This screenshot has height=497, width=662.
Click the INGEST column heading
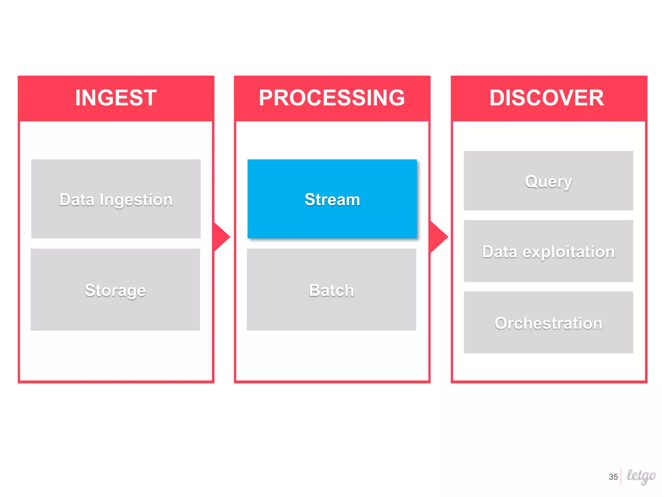coord(116,98)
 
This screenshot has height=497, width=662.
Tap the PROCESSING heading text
coord(332,98)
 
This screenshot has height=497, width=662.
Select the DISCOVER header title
coord(547,98)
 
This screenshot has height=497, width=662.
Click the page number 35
coord(613,477)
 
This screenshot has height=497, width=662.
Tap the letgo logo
coord(641,476)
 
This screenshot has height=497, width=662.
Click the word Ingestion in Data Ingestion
coord(136,200)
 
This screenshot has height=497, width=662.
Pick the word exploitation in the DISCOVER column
coord(569,252)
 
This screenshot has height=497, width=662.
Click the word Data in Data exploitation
coord(499,252)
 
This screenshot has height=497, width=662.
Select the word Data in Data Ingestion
coord(77,200)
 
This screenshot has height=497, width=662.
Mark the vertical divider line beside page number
coord(621,476)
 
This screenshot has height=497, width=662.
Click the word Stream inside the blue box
coord(332,199)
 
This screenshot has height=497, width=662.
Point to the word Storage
coord(115,290)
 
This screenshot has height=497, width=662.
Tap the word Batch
coord(331,290)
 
